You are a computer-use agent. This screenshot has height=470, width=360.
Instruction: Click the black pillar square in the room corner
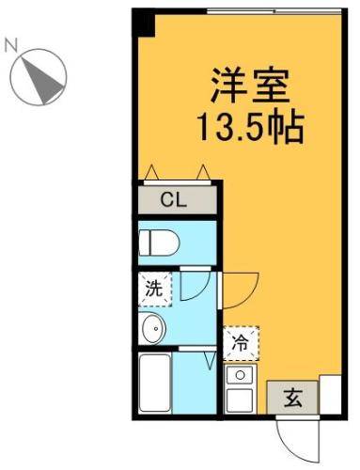click(143, 22)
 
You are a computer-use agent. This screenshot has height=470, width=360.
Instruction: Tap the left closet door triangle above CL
click(151, 172)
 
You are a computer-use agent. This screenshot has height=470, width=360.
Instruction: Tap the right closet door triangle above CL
click(202, 172)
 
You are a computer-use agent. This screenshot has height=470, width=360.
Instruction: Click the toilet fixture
click(158, 243)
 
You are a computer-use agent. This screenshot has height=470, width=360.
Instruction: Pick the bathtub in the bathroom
click(153, 383)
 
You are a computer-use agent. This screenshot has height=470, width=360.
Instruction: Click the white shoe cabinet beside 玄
click(330, 395)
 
